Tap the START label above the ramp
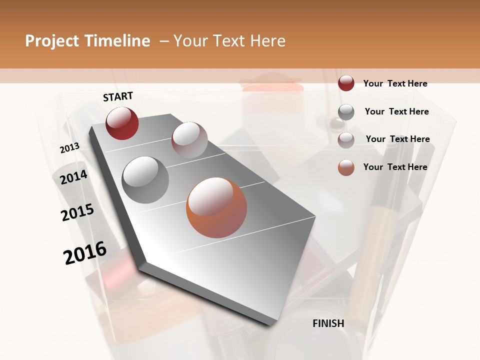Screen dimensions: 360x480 click(118, 96)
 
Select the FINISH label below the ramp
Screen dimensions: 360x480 click(328, 323)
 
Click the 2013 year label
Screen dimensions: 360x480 click(70, 148)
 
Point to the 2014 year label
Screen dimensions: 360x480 click(74, 177)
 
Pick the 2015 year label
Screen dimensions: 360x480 click(77, 212)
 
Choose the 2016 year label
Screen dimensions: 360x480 click(85, 252)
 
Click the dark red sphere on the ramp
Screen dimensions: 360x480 click(122, 123)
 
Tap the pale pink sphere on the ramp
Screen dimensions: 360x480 click(189, 140)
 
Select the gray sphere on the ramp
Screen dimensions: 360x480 click(145, 180)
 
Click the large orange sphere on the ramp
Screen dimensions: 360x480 click(216, 207)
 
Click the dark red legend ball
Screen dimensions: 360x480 click(346, 83)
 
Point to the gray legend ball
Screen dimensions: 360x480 click(346, 112)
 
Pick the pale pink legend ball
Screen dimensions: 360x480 click(346, 140)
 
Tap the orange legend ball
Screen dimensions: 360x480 click(346, 167)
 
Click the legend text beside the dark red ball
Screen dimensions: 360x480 click(395, 83)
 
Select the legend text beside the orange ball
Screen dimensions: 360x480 click(395, 167)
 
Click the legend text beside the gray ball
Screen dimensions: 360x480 click(396, 111)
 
